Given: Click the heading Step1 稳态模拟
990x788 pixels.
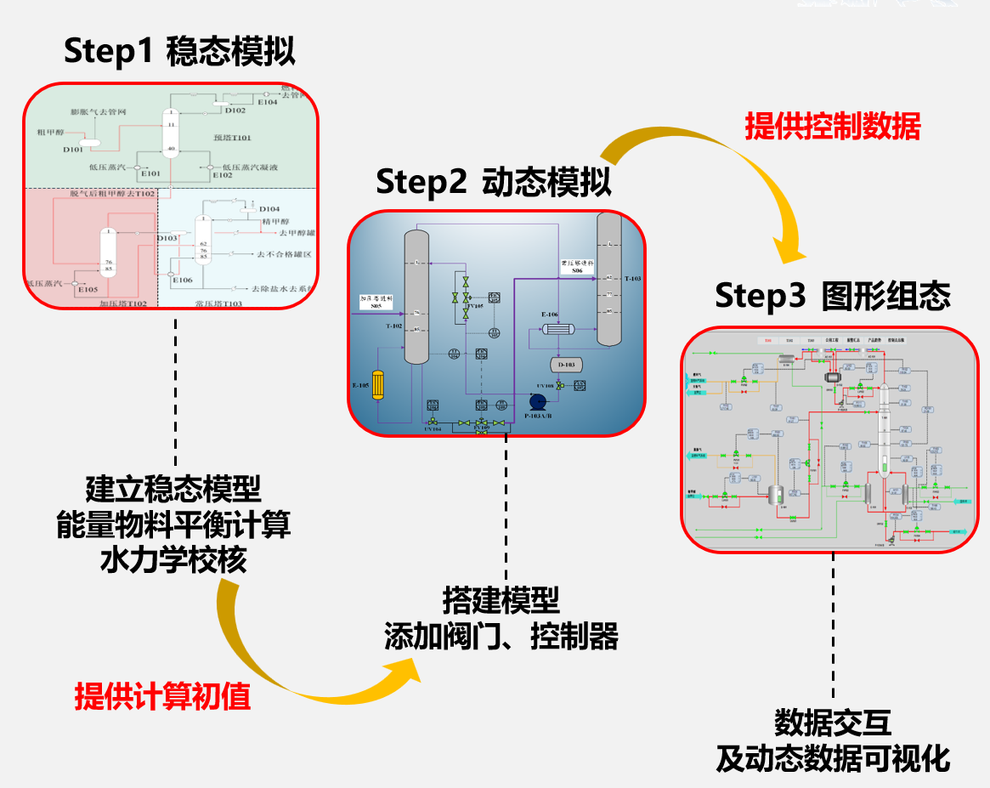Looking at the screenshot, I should click(x=179, y=53).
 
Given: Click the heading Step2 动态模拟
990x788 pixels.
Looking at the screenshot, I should click(x=494, y=181).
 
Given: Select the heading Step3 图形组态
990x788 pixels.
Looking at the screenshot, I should click(x=832, y=296).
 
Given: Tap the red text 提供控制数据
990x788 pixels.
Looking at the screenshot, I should click(x=832, y=128).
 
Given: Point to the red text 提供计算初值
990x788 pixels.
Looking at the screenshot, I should click(x=161, y=697).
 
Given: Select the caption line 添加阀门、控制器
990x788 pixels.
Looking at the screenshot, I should click(x=501, y=637).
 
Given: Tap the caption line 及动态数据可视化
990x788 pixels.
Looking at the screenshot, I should click(x=832, y=758).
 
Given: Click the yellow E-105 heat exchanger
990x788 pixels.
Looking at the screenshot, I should click(x=379, y=385).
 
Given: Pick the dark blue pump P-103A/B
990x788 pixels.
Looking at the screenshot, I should click(x=538, y=402).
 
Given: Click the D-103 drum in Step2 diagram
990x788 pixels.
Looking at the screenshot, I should click(x=565, y=365).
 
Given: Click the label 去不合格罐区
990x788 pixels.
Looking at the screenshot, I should click(x=285, y=254).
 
